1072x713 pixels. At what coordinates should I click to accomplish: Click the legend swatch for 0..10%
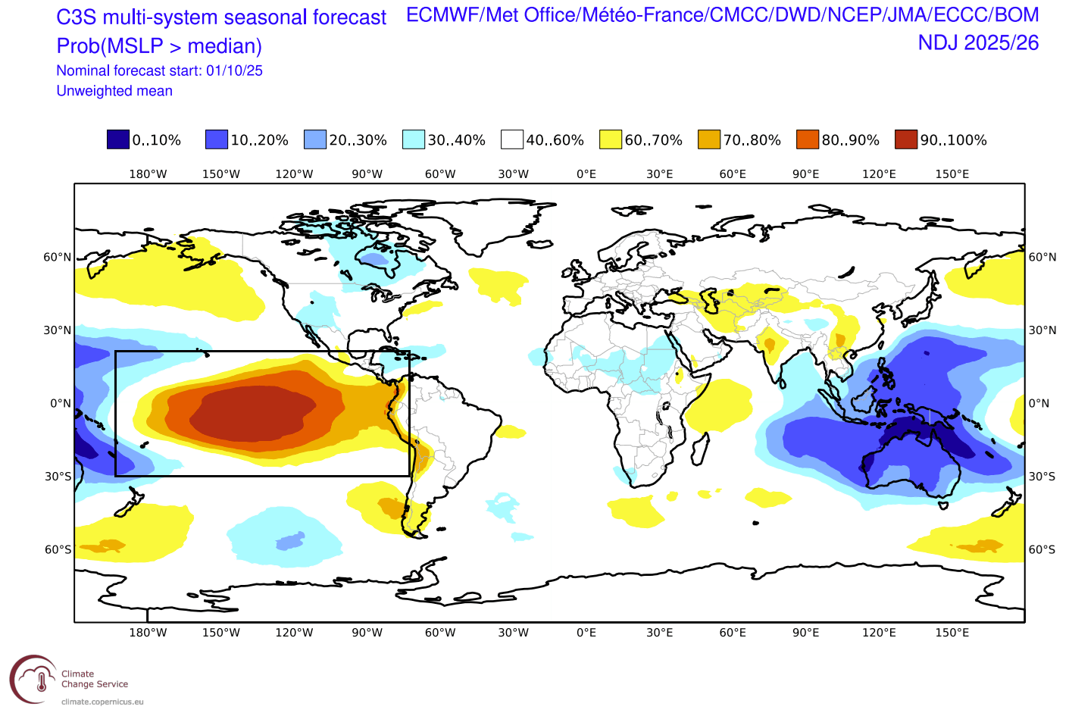pyautogui.click(x=118, y=139)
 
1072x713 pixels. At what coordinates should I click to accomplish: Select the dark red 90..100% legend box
pyautogui.click(x=906, y=139)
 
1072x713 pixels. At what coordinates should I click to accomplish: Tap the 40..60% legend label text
pyautogui.click(x=555, y=140)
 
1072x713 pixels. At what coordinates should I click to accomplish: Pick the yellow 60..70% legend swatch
pyautogui.click(x=611, y=139)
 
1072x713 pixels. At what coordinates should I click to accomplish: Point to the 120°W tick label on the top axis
pyautogui.click(x=294, y=174)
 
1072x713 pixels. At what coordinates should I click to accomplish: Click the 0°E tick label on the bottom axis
pyautogui.click(x=586, y=633)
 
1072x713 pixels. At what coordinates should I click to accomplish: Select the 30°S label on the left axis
pyautogui.click(x=58, y=477)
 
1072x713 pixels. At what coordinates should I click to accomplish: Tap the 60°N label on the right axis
pyautogui.click(x=1042, y=258)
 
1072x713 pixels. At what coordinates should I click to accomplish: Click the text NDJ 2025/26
pyautogui.click(x=978, y=43)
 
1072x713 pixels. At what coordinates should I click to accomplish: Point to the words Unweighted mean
pyautogui.click(x=114, y=91)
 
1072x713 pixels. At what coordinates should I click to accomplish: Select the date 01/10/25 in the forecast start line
pyautogui.click(x=234, y=70)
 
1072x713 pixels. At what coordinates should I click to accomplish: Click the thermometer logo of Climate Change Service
pyautogui.click(x=34, y=679)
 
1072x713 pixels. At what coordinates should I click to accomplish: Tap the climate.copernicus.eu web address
pyautogui.click(x=102, y=702)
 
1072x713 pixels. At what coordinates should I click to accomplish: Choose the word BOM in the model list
pyautogui.click(x=1016, y=15)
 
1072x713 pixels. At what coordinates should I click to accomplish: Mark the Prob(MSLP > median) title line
pyautogui.click(x=159, y=46)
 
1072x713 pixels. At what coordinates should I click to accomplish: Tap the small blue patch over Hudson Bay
pyautogui.click(x=374, y=260)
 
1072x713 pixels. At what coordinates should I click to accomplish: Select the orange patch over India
pyautogui.click(x=770, y=345)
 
